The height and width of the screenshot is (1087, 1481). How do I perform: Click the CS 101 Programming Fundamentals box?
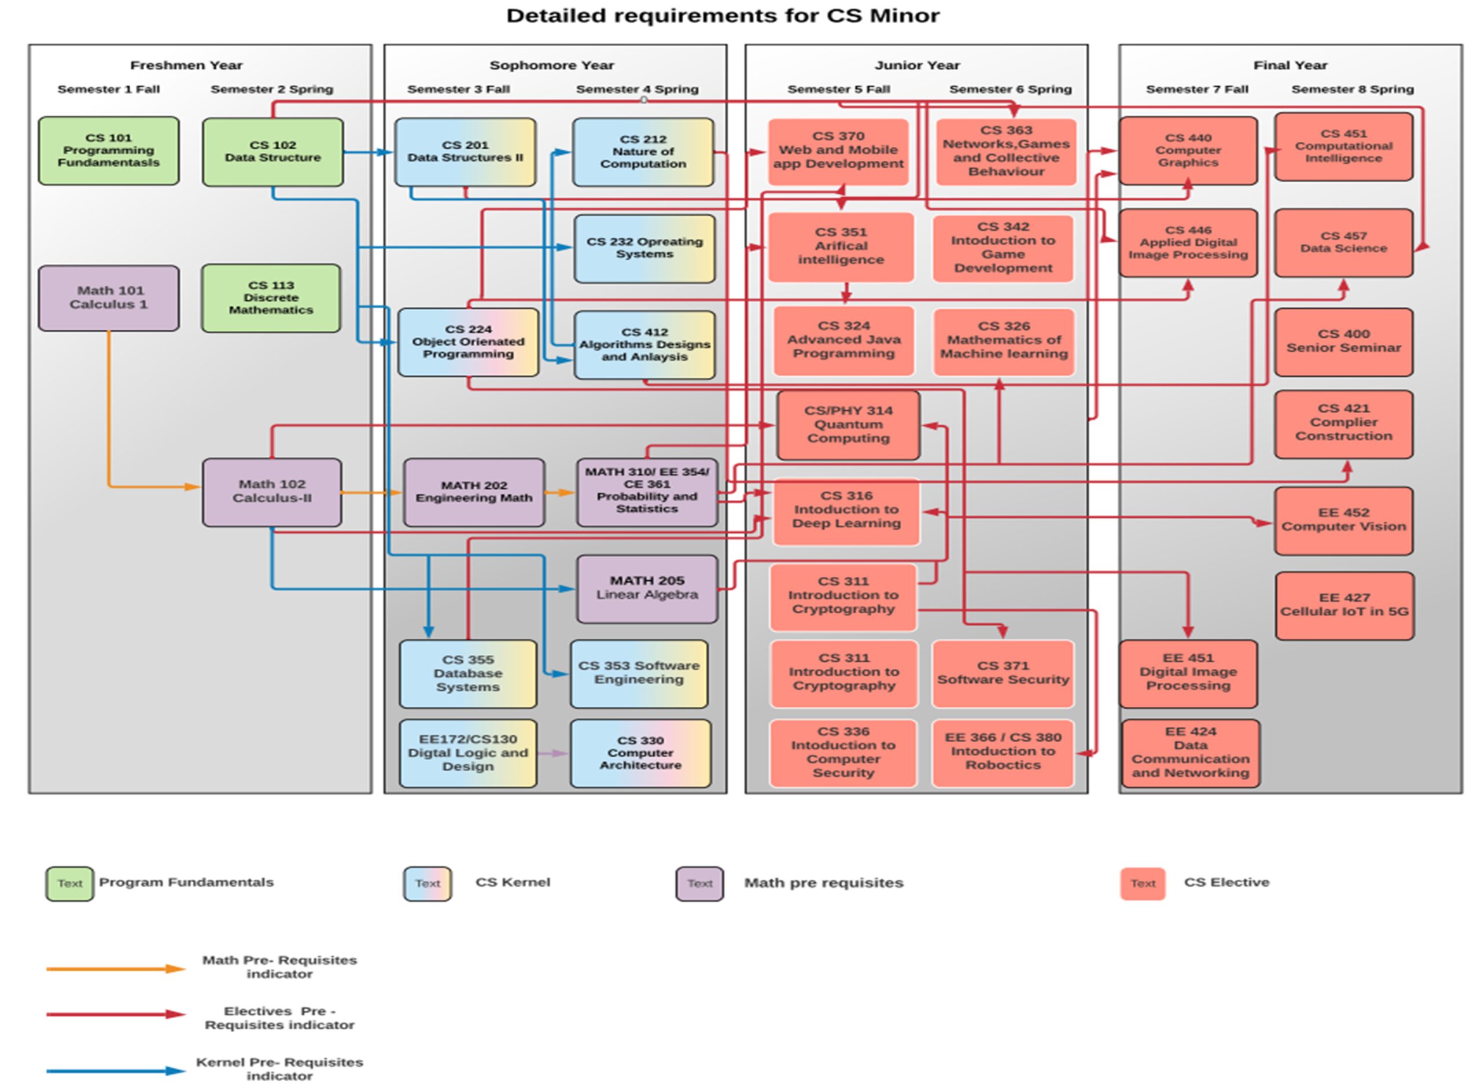109,150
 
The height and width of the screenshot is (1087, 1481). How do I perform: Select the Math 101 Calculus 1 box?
109,297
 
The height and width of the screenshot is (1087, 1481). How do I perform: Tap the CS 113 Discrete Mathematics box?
271,297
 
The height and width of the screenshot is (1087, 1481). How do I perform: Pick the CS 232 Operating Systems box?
644,248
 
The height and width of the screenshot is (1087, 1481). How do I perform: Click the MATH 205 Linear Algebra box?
647,588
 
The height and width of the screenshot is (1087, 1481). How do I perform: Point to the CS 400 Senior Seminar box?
1343,341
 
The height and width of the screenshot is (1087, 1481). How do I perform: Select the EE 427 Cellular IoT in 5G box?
1343,605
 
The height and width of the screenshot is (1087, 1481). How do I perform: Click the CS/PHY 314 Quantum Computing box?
848,425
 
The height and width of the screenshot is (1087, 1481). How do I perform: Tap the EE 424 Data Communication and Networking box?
1189,752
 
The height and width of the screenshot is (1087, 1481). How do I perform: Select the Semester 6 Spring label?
1010,89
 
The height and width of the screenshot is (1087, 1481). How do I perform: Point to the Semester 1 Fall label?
109,89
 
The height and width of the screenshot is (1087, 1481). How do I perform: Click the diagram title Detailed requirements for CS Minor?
723,15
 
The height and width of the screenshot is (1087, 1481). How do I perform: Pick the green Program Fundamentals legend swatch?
70,883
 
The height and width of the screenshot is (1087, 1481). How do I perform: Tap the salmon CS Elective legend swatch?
1142,883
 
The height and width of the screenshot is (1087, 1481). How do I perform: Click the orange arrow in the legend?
115,968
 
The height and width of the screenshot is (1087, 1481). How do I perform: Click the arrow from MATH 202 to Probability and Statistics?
560,492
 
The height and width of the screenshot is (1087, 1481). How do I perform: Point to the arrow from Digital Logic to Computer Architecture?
552,753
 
